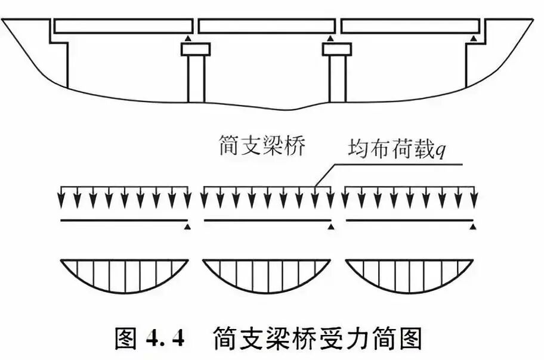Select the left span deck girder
(123, 26)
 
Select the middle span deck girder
(266, 26)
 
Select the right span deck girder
(411, 26)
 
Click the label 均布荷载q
(395, 151)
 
